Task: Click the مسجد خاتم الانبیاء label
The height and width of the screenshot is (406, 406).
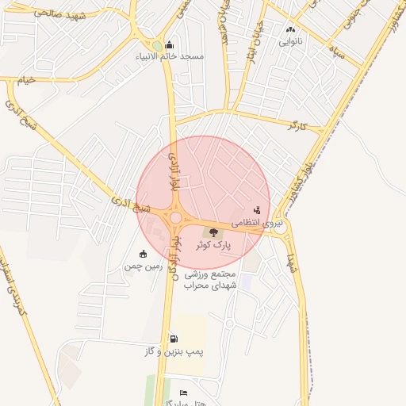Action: pyautogui.click(x=181, y=56)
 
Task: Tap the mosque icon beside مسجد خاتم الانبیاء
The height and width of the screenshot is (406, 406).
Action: pyautogui.click(x=168, y=45)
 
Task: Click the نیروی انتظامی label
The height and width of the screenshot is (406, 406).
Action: pyautogui.click(x=259, y=224)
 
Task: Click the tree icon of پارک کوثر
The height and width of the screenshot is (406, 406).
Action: pyautogui.click(x=213, y=232)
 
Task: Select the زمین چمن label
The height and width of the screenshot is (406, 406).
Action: pyautogui.click(x=143, y=266)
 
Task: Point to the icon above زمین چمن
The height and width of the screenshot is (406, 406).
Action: pyautogui.click(x=143, y=254)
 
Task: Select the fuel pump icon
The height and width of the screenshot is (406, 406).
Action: pyautogui.click(x=172, y=339)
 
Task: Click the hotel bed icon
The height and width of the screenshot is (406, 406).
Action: pyautogui.click(x=183, y=393)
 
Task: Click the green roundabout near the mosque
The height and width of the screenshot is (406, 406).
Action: pyautogui.click(x=157, y=45)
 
